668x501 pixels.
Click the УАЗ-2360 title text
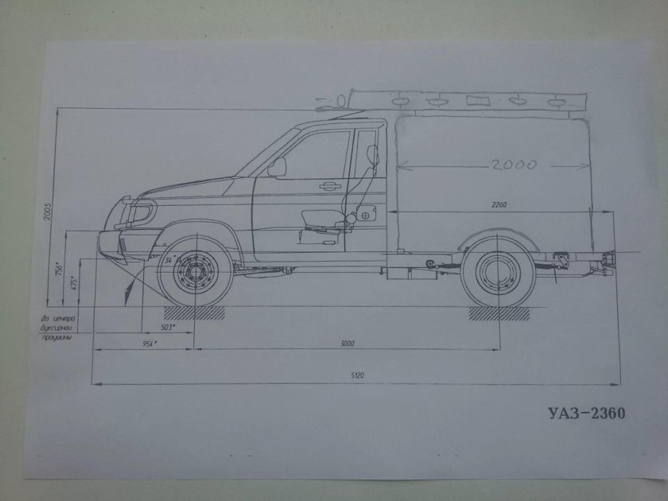587,413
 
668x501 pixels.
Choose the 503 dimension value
167,327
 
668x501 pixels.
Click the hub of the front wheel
194,275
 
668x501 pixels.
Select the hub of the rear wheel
498,274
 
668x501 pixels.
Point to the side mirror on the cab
277,167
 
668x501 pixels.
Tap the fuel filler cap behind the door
365,214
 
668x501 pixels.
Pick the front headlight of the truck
142,214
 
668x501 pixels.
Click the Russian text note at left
56,328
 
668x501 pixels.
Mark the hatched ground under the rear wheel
499,313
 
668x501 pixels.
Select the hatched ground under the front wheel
195,313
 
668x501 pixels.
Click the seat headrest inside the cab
373,154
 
